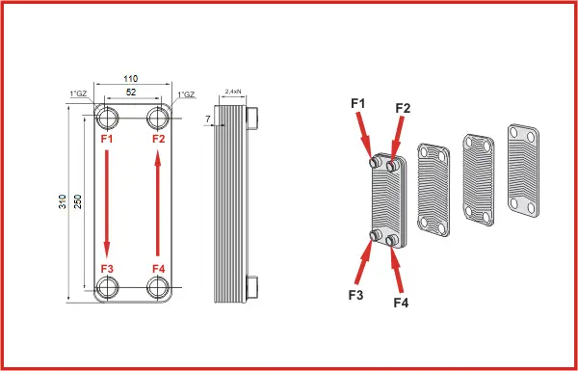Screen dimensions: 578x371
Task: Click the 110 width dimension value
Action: coord(130,79)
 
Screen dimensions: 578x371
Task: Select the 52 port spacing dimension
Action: coord(131,93)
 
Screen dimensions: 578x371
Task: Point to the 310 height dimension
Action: coord(63,201)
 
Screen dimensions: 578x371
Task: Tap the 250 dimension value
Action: coord(78,201)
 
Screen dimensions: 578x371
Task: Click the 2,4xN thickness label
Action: coord(232,92)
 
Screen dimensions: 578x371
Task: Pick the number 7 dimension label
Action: coord(208,119)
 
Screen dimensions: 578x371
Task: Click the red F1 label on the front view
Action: coord(107,139)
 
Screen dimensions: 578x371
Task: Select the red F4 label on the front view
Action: coord(159,269)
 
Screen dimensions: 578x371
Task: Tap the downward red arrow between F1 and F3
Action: coord(107,203)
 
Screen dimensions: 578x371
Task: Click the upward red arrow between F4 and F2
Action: coord(158,203)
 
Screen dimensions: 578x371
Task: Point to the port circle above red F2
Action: coord(158,118)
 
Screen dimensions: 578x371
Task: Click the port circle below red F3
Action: coord(107,287)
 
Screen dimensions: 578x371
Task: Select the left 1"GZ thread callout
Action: coord(78,93)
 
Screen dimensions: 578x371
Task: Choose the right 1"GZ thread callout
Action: coord(186,94)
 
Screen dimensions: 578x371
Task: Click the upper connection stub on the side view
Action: coord(252,118)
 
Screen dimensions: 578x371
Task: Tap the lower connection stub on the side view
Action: coord(252,287)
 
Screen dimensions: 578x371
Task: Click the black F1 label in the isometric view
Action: coord(357,104)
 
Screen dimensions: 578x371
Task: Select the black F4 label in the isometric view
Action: coord(401,303)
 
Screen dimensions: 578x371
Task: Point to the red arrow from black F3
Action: coord(364,262)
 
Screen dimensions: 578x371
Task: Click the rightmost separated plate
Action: coord(523,171)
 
